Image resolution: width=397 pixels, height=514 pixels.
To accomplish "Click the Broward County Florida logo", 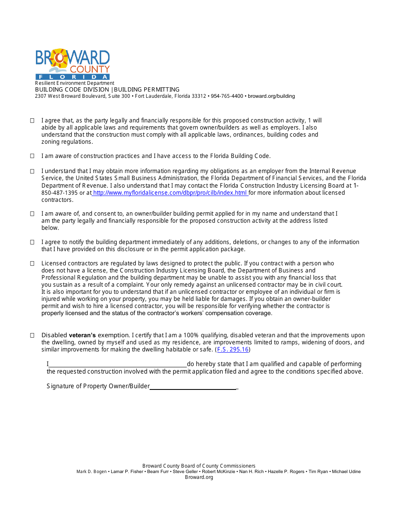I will click(72, 64).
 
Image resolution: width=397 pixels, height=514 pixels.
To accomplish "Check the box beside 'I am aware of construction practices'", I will click(32, 156).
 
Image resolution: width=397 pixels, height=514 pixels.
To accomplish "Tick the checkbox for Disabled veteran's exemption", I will click(32, 335).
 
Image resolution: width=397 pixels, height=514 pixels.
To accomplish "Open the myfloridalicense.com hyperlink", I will click(170, 193).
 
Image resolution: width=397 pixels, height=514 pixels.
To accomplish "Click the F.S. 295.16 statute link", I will click(233, 349).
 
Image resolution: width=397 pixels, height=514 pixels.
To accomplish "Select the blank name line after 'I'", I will click(117, 364).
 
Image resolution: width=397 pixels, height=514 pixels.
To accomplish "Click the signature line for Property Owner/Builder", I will click(193, 386).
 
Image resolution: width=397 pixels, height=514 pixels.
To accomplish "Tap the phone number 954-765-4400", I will click(227, 96).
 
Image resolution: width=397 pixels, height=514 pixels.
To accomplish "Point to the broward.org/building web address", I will click(271, 96).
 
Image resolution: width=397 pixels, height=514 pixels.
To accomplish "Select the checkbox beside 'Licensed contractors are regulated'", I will click(32, 263).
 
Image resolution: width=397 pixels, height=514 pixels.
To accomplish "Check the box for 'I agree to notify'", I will click(32, 242).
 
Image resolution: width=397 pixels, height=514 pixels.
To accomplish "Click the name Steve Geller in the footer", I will click(186, 472).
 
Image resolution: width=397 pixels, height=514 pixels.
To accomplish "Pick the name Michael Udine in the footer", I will click(346, 472).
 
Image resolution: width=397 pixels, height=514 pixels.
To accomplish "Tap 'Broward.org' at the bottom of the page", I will click(199, 477).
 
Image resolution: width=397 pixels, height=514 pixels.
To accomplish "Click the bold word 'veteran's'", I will click(82, 335).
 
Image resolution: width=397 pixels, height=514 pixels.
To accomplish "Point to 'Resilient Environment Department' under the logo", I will click(74, 83).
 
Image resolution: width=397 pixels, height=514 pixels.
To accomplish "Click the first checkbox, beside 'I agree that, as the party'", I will click(32, 120).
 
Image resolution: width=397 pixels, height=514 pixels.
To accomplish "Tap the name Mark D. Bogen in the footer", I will click(92, 472).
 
